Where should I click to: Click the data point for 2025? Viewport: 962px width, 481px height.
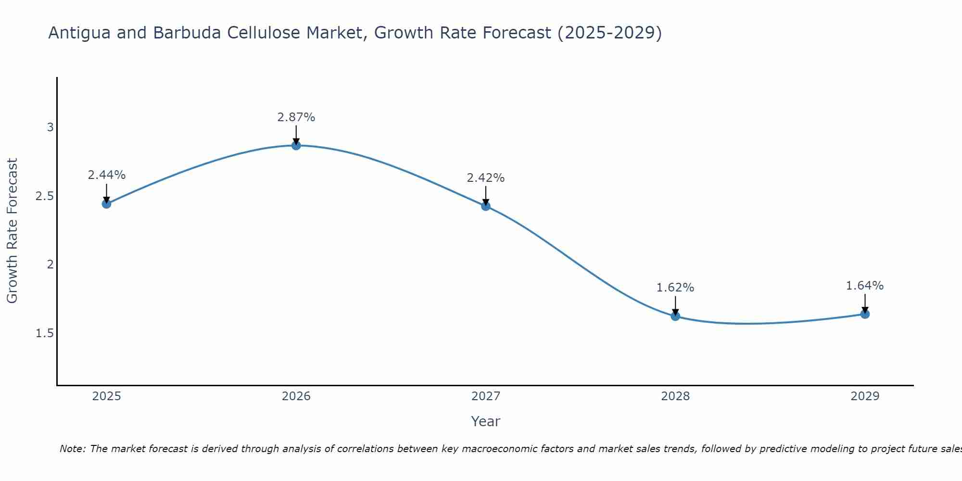click(x=106, y=203)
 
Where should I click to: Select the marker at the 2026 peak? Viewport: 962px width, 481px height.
click(x=296, y=145)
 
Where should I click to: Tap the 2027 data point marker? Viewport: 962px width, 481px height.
click(x=486, y=206)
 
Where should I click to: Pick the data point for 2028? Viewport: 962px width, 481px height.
click(x=675, y=316)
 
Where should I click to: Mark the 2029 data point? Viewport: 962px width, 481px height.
click(x=865, y=314)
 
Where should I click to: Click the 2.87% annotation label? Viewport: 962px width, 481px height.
click(x=296, y=117)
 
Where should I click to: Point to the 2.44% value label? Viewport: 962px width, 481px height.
click(x=106, y=175)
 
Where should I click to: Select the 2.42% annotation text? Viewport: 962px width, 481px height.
click(x=486, y=178)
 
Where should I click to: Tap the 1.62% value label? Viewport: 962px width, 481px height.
click(x=675, y=288)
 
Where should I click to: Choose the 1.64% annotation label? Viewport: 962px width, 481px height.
click(x=865, y=286)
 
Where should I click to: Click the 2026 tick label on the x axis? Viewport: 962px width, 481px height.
click(x=296, y=396)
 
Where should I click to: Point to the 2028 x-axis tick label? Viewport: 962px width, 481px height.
click(x=675, y=396)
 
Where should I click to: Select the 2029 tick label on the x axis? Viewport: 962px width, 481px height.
click(x=865, y=396)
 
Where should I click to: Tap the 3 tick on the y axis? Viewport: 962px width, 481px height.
click(x=50, y=127)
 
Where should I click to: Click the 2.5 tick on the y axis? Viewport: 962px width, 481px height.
click(x=45, y=196)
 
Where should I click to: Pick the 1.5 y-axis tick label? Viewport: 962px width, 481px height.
click(x=45, y=333)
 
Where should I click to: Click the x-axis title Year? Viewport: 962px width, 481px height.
click(x=486, y=421)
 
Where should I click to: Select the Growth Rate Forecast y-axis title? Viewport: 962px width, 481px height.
click(x=13, y=231)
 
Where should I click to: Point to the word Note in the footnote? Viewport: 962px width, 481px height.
click(x=72, y=449)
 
